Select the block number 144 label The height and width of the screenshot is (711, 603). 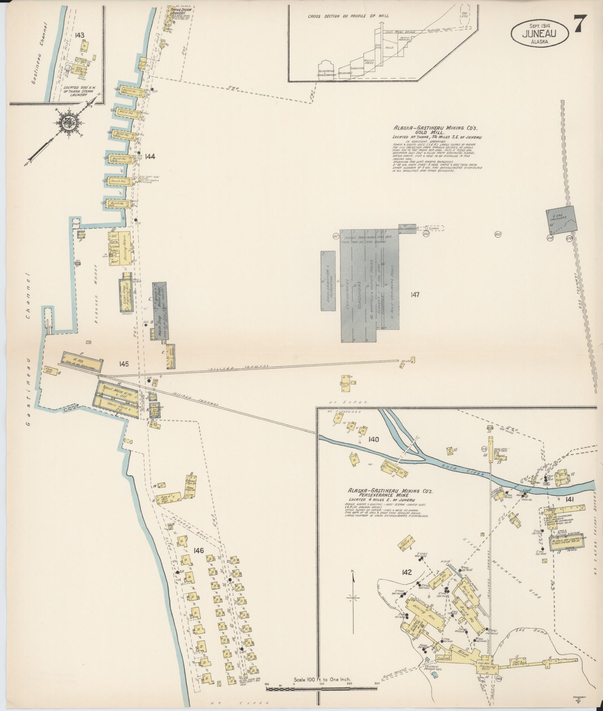tap(150, 156)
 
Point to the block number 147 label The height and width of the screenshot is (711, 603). tap(415, 295)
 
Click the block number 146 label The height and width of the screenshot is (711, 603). tap(199, 561)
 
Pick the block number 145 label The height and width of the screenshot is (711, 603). tap(124, 364)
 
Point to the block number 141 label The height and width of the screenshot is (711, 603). tap(570, 500)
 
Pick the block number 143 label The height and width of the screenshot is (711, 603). tap(79, 35)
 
